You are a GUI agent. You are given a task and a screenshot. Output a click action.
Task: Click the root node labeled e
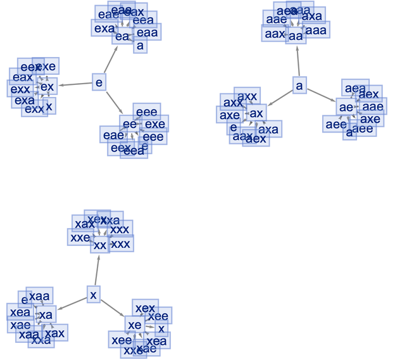point(99,82)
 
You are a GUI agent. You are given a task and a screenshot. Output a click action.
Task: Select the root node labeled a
point(299,84)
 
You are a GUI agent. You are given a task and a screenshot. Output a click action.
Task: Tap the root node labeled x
point(94,295)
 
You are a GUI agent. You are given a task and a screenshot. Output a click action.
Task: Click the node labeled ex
point(47,86)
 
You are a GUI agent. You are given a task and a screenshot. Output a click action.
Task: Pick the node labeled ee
point(129,124)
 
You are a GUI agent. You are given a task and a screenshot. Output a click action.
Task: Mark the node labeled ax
point(256,113)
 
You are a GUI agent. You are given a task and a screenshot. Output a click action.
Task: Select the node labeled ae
point(346,108)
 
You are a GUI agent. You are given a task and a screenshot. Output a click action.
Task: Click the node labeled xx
point(100,245)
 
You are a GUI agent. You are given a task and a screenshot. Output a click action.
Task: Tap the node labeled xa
point(46,315)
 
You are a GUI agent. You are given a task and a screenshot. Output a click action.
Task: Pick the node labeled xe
point(134,325)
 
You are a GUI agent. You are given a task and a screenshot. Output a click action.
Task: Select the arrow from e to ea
point(110,61)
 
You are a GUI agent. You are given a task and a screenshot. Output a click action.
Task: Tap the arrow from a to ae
point(322,95)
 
